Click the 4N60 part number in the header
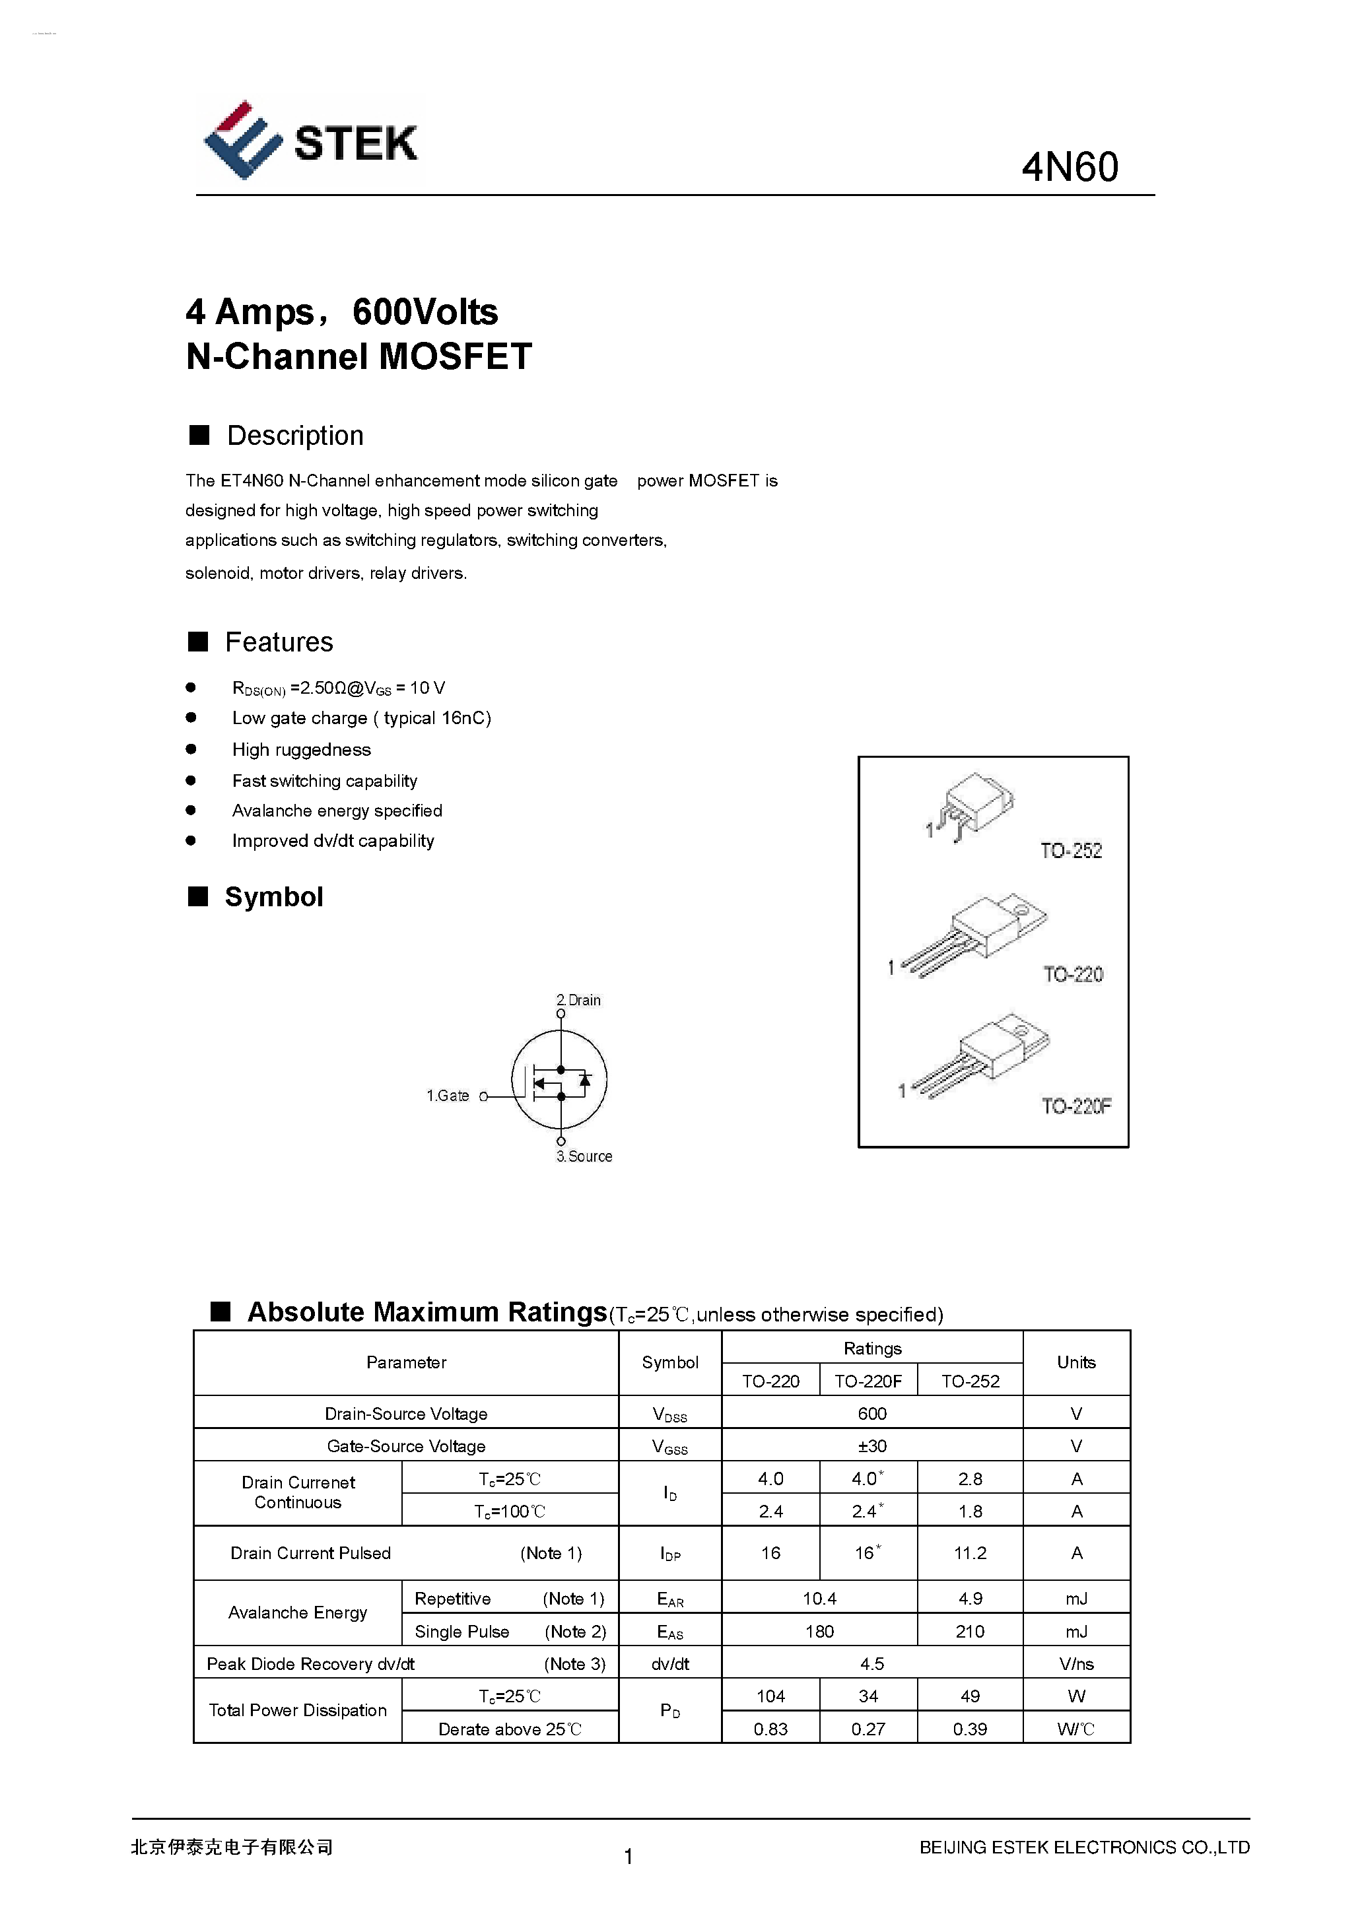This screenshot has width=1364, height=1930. (1070, 167)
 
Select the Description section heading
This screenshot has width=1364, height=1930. (294, 436)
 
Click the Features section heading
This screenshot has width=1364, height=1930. (279, 642)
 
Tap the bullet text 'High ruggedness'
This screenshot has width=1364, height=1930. (301, 750)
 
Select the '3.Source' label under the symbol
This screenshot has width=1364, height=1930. (584, 1156)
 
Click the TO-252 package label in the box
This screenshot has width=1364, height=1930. (1070, 851)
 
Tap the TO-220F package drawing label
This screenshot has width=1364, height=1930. (1075, 1106)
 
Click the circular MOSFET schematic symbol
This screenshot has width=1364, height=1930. (559, 1080)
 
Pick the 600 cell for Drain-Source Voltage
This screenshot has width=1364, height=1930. (872, 1414)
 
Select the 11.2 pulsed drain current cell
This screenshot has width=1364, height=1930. (970, 1553)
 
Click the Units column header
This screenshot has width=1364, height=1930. (1075, 1362)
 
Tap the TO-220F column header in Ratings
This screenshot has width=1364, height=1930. (868, 1381)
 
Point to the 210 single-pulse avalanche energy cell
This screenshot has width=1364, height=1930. (970, 1632)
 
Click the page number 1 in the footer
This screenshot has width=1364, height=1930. (628, 1856)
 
